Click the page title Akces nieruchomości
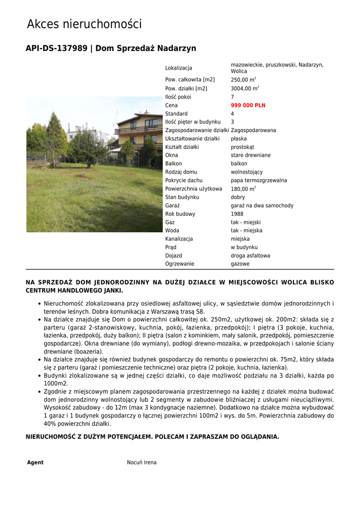pyautogui.click(x=84, y=24)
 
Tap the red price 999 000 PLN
pyautogui.click(x=248, y=106)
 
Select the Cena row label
pyautogui.click(x=171, y=106)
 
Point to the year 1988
pyautogui.click(x=237, y=214)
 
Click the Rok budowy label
pyautogui.click(x=180, y=214)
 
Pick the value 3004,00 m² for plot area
pyautogui.click(x=245, y=88)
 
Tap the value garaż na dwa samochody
pyautogui.click(x=262, y=206)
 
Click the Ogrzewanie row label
pyautogui.click(x=180, y=264)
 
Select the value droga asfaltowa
pyautogui.click(x=250, y=256)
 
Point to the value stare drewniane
pyautogui.click(x=251, y=155)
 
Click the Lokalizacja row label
pyautogui.click(x=178, y=68)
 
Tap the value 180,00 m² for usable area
pyautogui.click(x=243, y=189)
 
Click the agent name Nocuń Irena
pyautogui.click(x=142, y=462)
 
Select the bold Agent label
pyautogui.click(x=35, y=462)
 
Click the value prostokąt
pyautogui.click(x=242, y=147)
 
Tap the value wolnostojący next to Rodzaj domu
pyautogui.click(x=246, y=172)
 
